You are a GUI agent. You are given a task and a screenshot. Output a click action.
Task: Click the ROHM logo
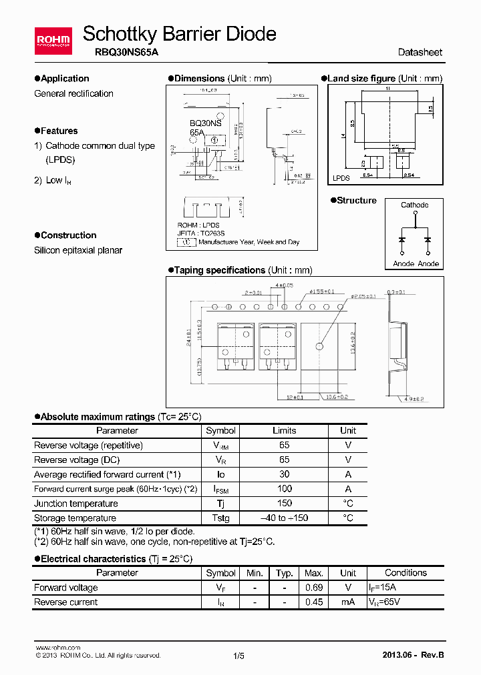[52, 41]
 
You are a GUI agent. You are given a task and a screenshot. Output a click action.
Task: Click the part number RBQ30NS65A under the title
[121, 53]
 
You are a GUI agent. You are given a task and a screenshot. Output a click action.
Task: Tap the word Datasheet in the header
[420, 53]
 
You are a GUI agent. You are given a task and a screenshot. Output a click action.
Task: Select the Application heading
[64, 79]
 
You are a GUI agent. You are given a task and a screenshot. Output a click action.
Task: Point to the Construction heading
[68, 235]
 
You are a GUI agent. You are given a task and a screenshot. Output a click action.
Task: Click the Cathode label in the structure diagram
[414, 205]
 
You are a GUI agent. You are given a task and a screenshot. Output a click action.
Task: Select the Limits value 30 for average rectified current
[284, 474]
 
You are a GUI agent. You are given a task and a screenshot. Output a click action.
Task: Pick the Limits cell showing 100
[284, 489]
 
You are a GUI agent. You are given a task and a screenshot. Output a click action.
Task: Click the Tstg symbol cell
[220, 518]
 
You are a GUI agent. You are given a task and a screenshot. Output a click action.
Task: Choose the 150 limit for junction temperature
[284, 504]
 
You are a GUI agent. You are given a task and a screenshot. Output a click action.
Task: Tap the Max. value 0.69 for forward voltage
[313, 588]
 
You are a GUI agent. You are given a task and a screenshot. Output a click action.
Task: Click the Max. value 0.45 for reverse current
[313, 602]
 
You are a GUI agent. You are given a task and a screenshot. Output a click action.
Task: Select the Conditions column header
[406, 573]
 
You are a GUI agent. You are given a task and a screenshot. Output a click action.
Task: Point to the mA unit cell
[347, 602]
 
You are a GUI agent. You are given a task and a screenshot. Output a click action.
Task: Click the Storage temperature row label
[75, 518]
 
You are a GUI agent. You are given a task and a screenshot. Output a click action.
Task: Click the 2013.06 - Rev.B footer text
[412, 655]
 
